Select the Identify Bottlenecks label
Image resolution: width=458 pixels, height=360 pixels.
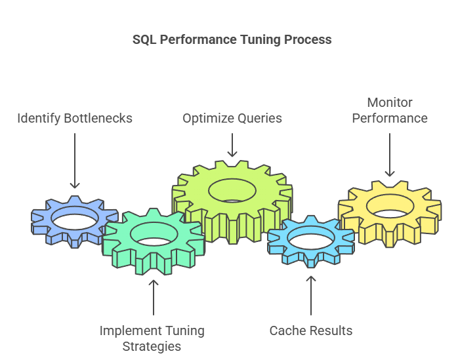75,119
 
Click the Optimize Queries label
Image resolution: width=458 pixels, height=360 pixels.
232,118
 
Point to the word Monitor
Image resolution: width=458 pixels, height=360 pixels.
390,102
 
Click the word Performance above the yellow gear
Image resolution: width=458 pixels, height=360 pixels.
390,118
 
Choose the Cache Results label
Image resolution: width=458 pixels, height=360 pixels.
311,330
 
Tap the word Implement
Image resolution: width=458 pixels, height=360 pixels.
128,331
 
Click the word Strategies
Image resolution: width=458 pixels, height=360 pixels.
152,347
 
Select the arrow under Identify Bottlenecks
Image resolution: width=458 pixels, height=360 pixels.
75,161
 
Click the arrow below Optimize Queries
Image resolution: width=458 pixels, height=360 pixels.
232,145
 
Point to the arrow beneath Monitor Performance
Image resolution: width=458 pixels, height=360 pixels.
390,155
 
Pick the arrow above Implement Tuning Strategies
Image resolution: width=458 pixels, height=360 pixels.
154,298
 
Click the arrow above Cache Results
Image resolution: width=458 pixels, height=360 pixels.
311,296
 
